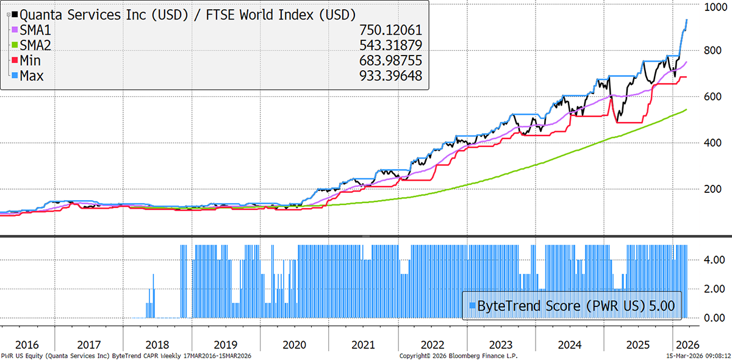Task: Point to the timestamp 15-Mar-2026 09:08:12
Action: coord(696,355)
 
